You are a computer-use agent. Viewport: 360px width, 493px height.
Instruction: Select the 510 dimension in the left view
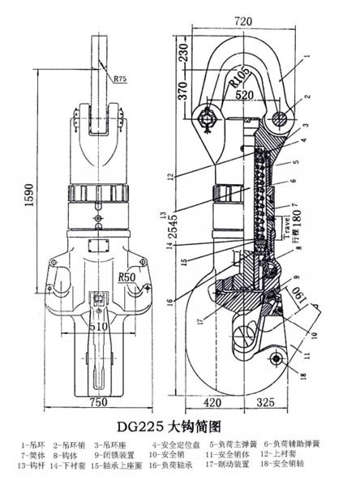98,327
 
